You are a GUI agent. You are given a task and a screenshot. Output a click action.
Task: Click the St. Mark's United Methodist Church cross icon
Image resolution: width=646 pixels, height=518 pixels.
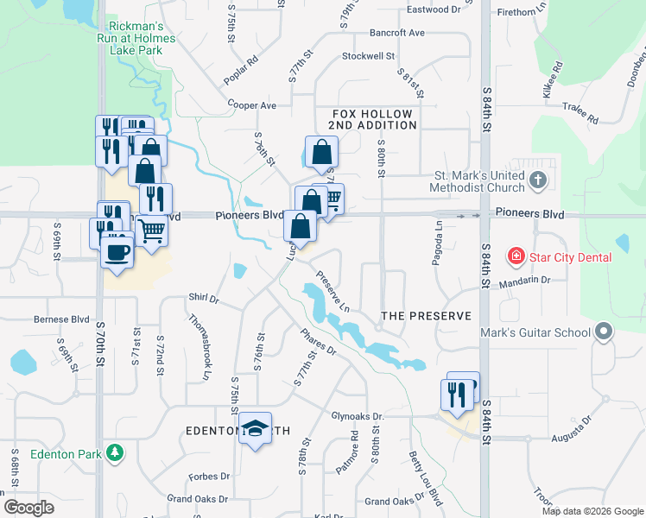539,181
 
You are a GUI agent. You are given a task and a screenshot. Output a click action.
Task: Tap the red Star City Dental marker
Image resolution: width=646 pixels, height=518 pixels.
516,256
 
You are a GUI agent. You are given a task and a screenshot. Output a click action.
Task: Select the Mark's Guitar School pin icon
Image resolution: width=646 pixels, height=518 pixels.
603,332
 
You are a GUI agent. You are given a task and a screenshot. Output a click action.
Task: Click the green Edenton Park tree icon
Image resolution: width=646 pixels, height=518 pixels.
113,453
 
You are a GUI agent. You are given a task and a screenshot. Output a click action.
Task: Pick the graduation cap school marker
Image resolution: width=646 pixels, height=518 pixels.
256,428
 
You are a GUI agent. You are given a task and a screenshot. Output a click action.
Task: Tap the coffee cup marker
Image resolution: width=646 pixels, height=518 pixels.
117,252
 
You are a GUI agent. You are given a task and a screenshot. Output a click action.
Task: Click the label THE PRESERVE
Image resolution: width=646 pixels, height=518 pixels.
427,316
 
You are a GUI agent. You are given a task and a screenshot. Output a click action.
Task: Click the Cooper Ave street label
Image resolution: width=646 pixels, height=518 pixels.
251,105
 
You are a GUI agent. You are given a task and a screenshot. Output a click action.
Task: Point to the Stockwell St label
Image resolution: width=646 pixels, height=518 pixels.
368,56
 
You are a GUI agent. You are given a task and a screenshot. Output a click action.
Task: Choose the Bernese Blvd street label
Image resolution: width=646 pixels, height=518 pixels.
62,319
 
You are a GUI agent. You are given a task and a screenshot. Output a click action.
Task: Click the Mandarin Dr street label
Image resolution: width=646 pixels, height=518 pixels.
528,280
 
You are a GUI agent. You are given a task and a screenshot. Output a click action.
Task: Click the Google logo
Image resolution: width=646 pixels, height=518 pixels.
29,508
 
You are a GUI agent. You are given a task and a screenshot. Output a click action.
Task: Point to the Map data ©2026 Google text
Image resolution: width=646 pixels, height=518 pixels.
592,511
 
